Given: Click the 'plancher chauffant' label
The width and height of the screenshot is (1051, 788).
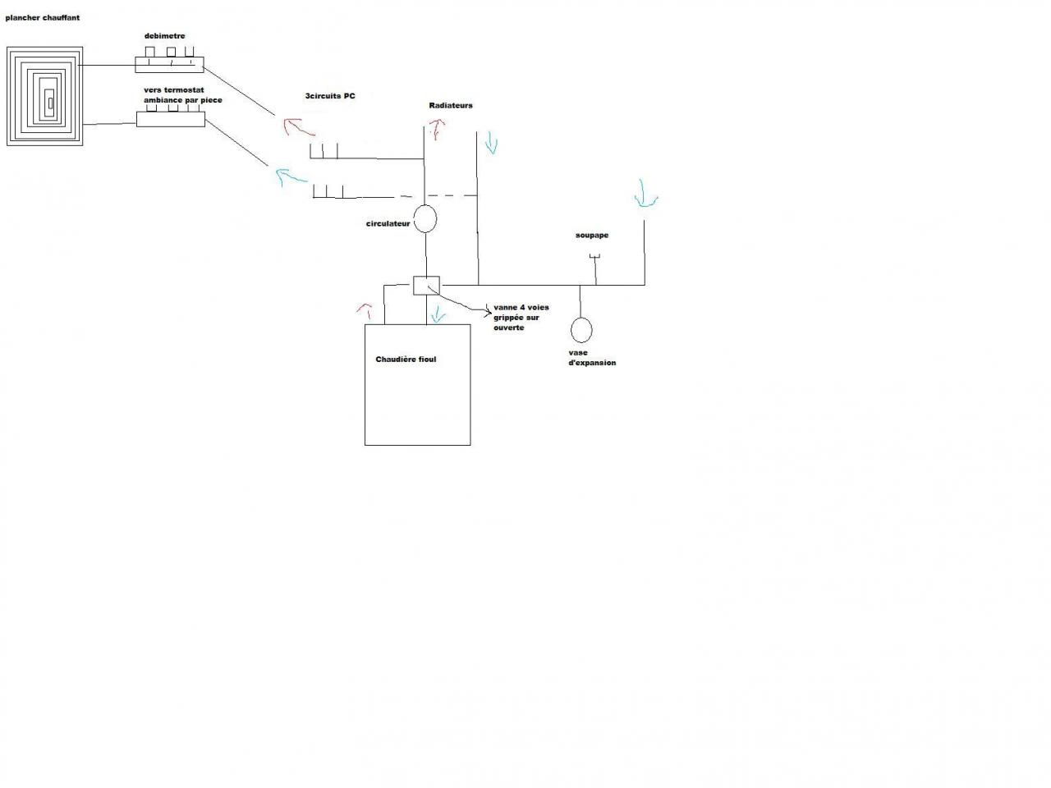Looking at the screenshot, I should [42, 17].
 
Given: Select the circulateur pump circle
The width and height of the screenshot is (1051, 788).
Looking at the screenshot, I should [425, 218].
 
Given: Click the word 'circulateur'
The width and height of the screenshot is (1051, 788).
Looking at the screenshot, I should [388, 223].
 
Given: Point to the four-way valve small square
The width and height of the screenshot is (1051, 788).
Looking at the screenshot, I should [426, 286].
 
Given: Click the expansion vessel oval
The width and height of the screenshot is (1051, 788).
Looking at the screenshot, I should [581, 329].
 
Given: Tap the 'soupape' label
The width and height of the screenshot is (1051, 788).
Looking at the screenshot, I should [592, 236].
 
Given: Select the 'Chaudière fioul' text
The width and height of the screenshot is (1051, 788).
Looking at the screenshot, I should [406, 360].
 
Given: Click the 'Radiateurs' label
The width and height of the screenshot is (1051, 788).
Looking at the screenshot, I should [451, 106].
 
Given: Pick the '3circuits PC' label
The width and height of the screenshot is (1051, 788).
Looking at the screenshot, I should [330, 96].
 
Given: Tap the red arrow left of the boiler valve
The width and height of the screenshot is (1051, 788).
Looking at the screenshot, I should [365, 310].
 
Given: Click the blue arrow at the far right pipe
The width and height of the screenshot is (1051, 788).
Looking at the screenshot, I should [645, 198].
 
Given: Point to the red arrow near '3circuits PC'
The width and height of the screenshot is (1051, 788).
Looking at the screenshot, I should [298, 128].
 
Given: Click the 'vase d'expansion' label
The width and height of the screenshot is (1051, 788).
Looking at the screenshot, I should [592, 358].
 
